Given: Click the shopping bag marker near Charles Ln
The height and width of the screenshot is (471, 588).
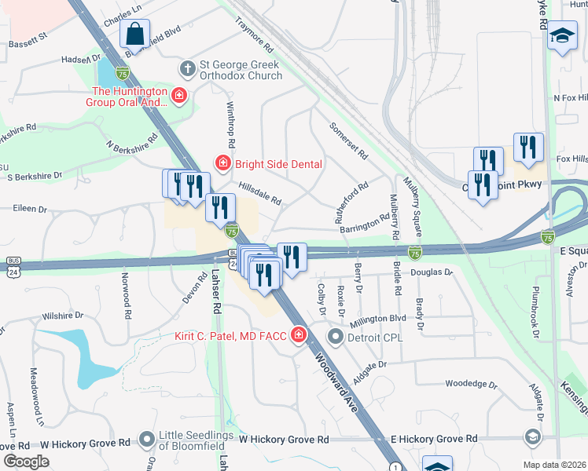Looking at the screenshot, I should tap(135, 35).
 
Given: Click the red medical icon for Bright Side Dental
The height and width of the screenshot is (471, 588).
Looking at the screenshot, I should tap(222, 163).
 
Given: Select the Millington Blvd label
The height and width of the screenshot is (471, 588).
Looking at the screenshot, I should tap(378, 319).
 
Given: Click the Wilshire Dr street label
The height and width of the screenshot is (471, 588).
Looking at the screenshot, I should tap(63, 316).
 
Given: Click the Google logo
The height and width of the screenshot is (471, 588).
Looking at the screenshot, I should tap(26, 462).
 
